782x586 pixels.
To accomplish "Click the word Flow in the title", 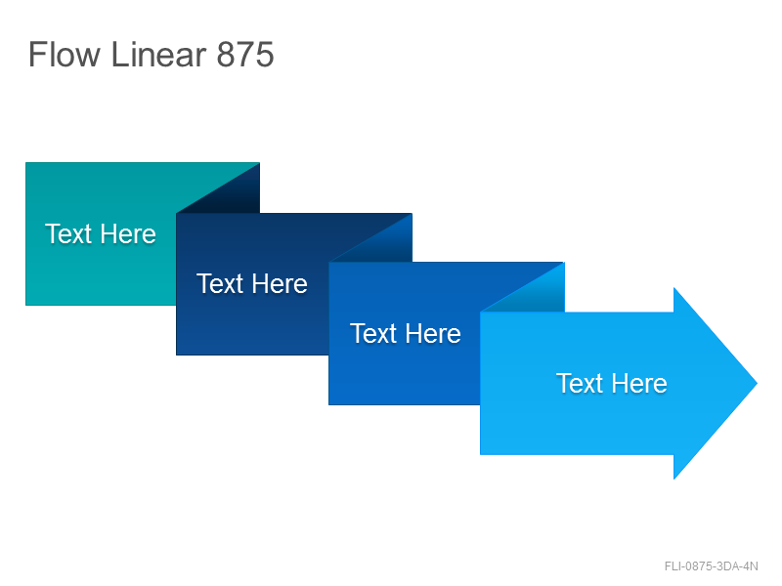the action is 65,54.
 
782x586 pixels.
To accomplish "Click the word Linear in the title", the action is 158,54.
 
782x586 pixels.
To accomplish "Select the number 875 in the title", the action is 245,55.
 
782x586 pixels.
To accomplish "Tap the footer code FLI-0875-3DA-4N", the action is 712,566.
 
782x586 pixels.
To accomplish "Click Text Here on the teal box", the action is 101,233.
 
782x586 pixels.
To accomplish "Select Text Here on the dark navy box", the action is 252,283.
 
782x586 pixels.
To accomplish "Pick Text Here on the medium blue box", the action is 406,333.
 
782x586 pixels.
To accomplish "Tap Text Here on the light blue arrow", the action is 612,383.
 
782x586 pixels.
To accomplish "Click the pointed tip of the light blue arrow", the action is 758,383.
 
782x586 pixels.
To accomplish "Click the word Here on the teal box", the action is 128,233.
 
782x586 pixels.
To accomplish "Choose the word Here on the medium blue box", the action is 433,333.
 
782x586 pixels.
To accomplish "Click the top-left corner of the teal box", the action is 26,163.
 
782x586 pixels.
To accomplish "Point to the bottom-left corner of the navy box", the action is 177,355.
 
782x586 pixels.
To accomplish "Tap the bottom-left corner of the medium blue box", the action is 329,404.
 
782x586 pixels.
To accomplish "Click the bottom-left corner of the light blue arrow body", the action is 480,454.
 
